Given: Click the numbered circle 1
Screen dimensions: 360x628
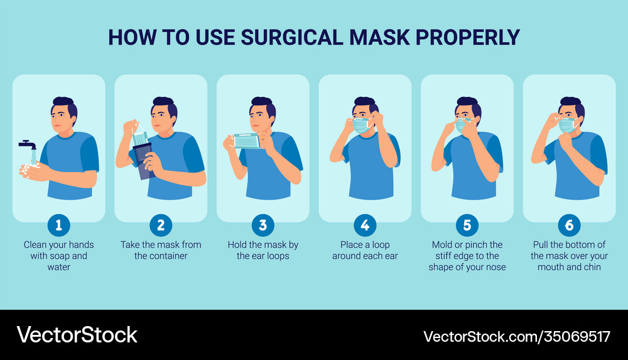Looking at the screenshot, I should pos(58,224).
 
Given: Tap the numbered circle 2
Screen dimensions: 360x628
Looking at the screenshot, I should pos(161,224).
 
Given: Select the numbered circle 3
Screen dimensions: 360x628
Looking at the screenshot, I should pos(263,224).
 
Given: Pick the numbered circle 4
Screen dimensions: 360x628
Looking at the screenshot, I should pos(365,224).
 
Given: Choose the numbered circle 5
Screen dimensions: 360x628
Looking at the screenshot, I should pos(467,224).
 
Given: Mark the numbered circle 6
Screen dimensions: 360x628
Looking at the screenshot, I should pos(569,224).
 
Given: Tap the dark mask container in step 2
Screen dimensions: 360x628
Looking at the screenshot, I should pos(141,163).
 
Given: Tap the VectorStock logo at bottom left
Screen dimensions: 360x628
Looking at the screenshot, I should pos(77,335).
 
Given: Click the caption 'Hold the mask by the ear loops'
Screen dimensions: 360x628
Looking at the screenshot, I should pos(263,250).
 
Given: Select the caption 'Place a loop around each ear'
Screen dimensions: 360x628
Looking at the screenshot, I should pos(365,250).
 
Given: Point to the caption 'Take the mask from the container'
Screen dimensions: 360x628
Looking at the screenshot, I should pos(161,250).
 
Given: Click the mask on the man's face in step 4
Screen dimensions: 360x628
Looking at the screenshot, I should pos(361,124).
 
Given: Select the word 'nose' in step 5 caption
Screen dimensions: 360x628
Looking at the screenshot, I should pos(494,267).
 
